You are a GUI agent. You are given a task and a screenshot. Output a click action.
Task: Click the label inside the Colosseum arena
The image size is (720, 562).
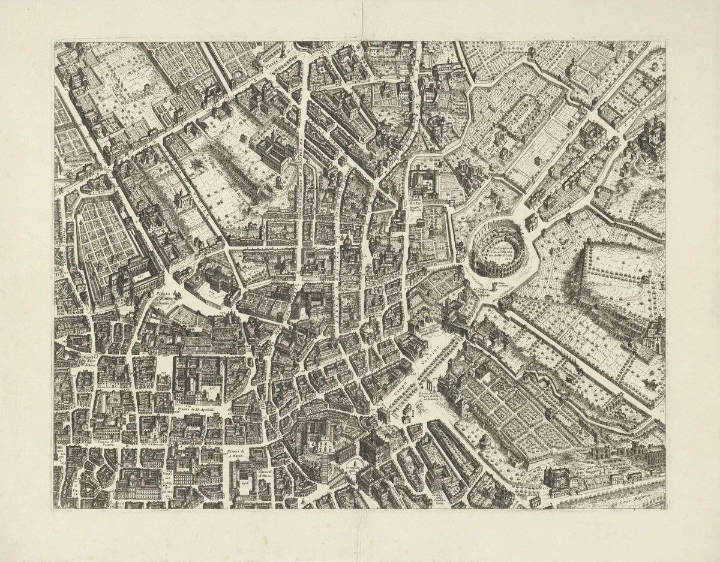tap(497, 248)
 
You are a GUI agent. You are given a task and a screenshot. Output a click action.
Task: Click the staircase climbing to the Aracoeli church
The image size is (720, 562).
tap(326, 465)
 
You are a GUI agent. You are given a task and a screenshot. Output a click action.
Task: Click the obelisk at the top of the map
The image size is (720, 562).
tap(281, 51)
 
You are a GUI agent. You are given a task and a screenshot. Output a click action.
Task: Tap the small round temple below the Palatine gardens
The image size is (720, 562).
tap(485, 441)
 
